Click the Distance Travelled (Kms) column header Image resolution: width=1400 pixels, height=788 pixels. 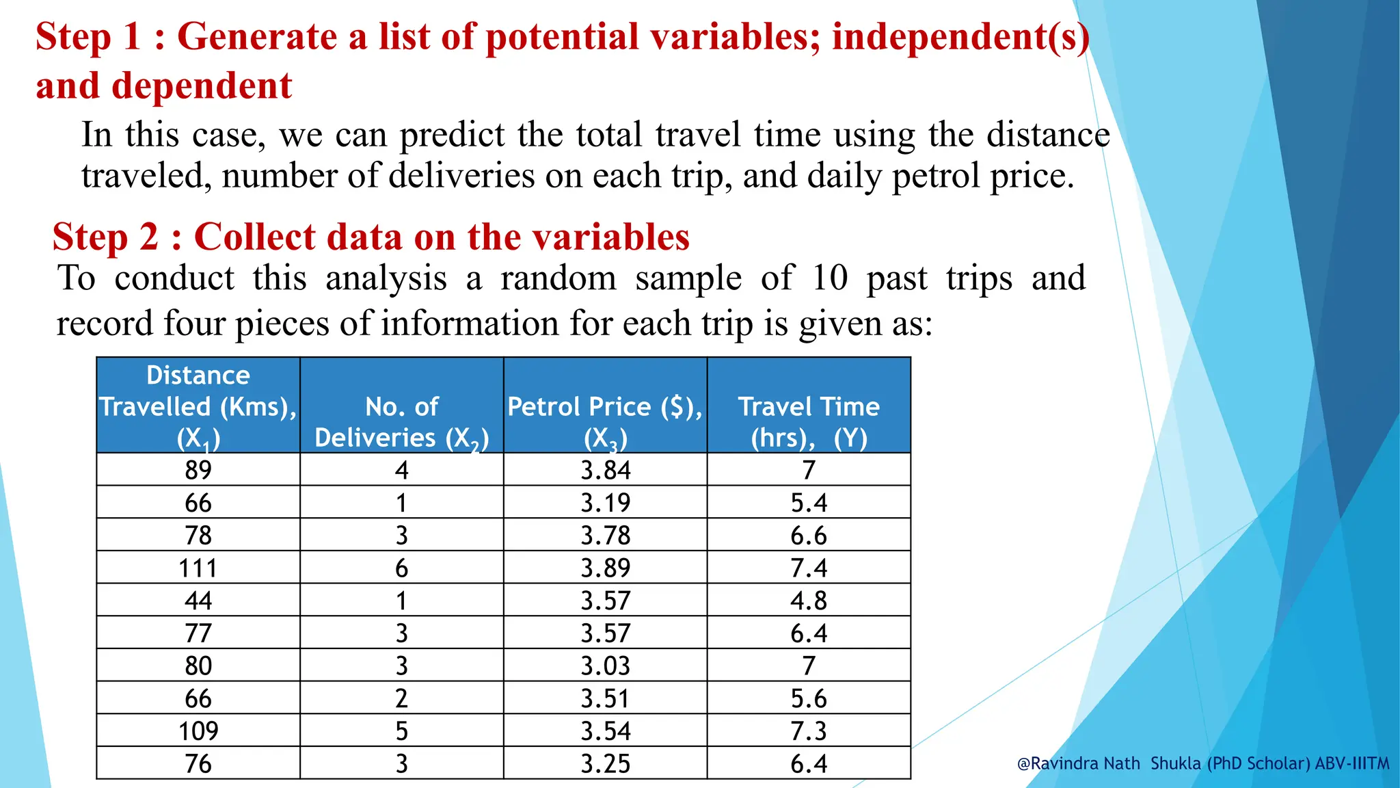coord(198,406)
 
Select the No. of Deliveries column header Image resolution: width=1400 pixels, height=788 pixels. coord(402,422)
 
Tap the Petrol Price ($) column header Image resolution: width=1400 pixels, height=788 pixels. coord(605,422)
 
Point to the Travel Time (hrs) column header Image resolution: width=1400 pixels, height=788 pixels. coord(809,422)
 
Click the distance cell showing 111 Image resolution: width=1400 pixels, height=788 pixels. coord(198,568)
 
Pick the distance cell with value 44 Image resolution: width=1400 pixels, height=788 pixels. coord(198,601)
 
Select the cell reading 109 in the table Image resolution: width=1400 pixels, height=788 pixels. coord(198,731)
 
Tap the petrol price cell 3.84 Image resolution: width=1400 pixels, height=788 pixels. coord(606,470)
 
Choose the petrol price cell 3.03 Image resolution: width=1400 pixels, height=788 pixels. coord(606,666)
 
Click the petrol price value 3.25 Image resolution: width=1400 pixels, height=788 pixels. coord(606,763)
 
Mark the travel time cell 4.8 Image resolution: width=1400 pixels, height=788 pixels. coord(809,601)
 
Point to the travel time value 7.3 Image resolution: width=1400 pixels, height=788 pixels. coord(809,731)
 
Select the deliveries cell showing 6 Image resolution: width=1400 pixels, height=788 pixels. coord(402,568)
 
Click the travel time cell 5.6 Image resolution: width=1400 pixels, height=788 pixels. coord(809,698)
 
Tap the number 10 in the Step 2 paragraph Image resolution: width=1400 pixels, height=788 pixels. coord(830,278)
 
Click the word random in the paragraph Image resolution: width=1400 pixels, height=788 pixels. coord(558,278)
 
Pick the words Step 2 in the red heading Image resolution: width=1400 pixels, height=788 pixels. coord(106,237)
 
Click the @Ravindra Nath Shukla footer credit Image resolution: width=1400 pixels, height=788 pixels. coord(1203,763)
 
